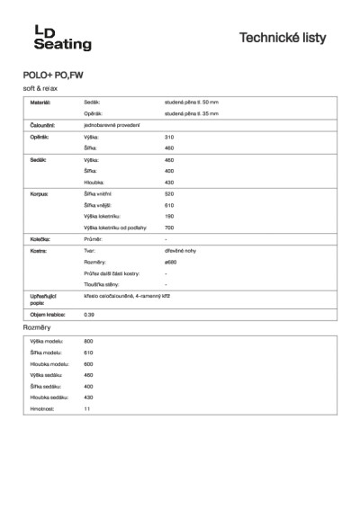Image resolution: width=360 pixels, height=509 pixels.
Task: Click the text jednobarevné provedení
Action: [111, 125]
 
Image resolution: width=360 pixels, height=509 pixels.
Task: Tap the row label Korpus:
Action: [39, 193]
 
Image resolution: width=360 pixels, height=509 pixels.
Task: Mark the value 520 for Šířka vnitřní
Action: [169, 193]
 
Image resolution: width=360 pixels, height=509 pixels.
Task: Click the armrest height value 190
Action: [169, 216]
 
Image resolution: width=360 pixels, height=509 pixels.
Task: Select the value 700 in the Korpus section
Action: [169, 227]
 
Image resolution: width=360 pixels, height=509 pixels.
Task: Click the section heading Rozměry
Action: [38, 328]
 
